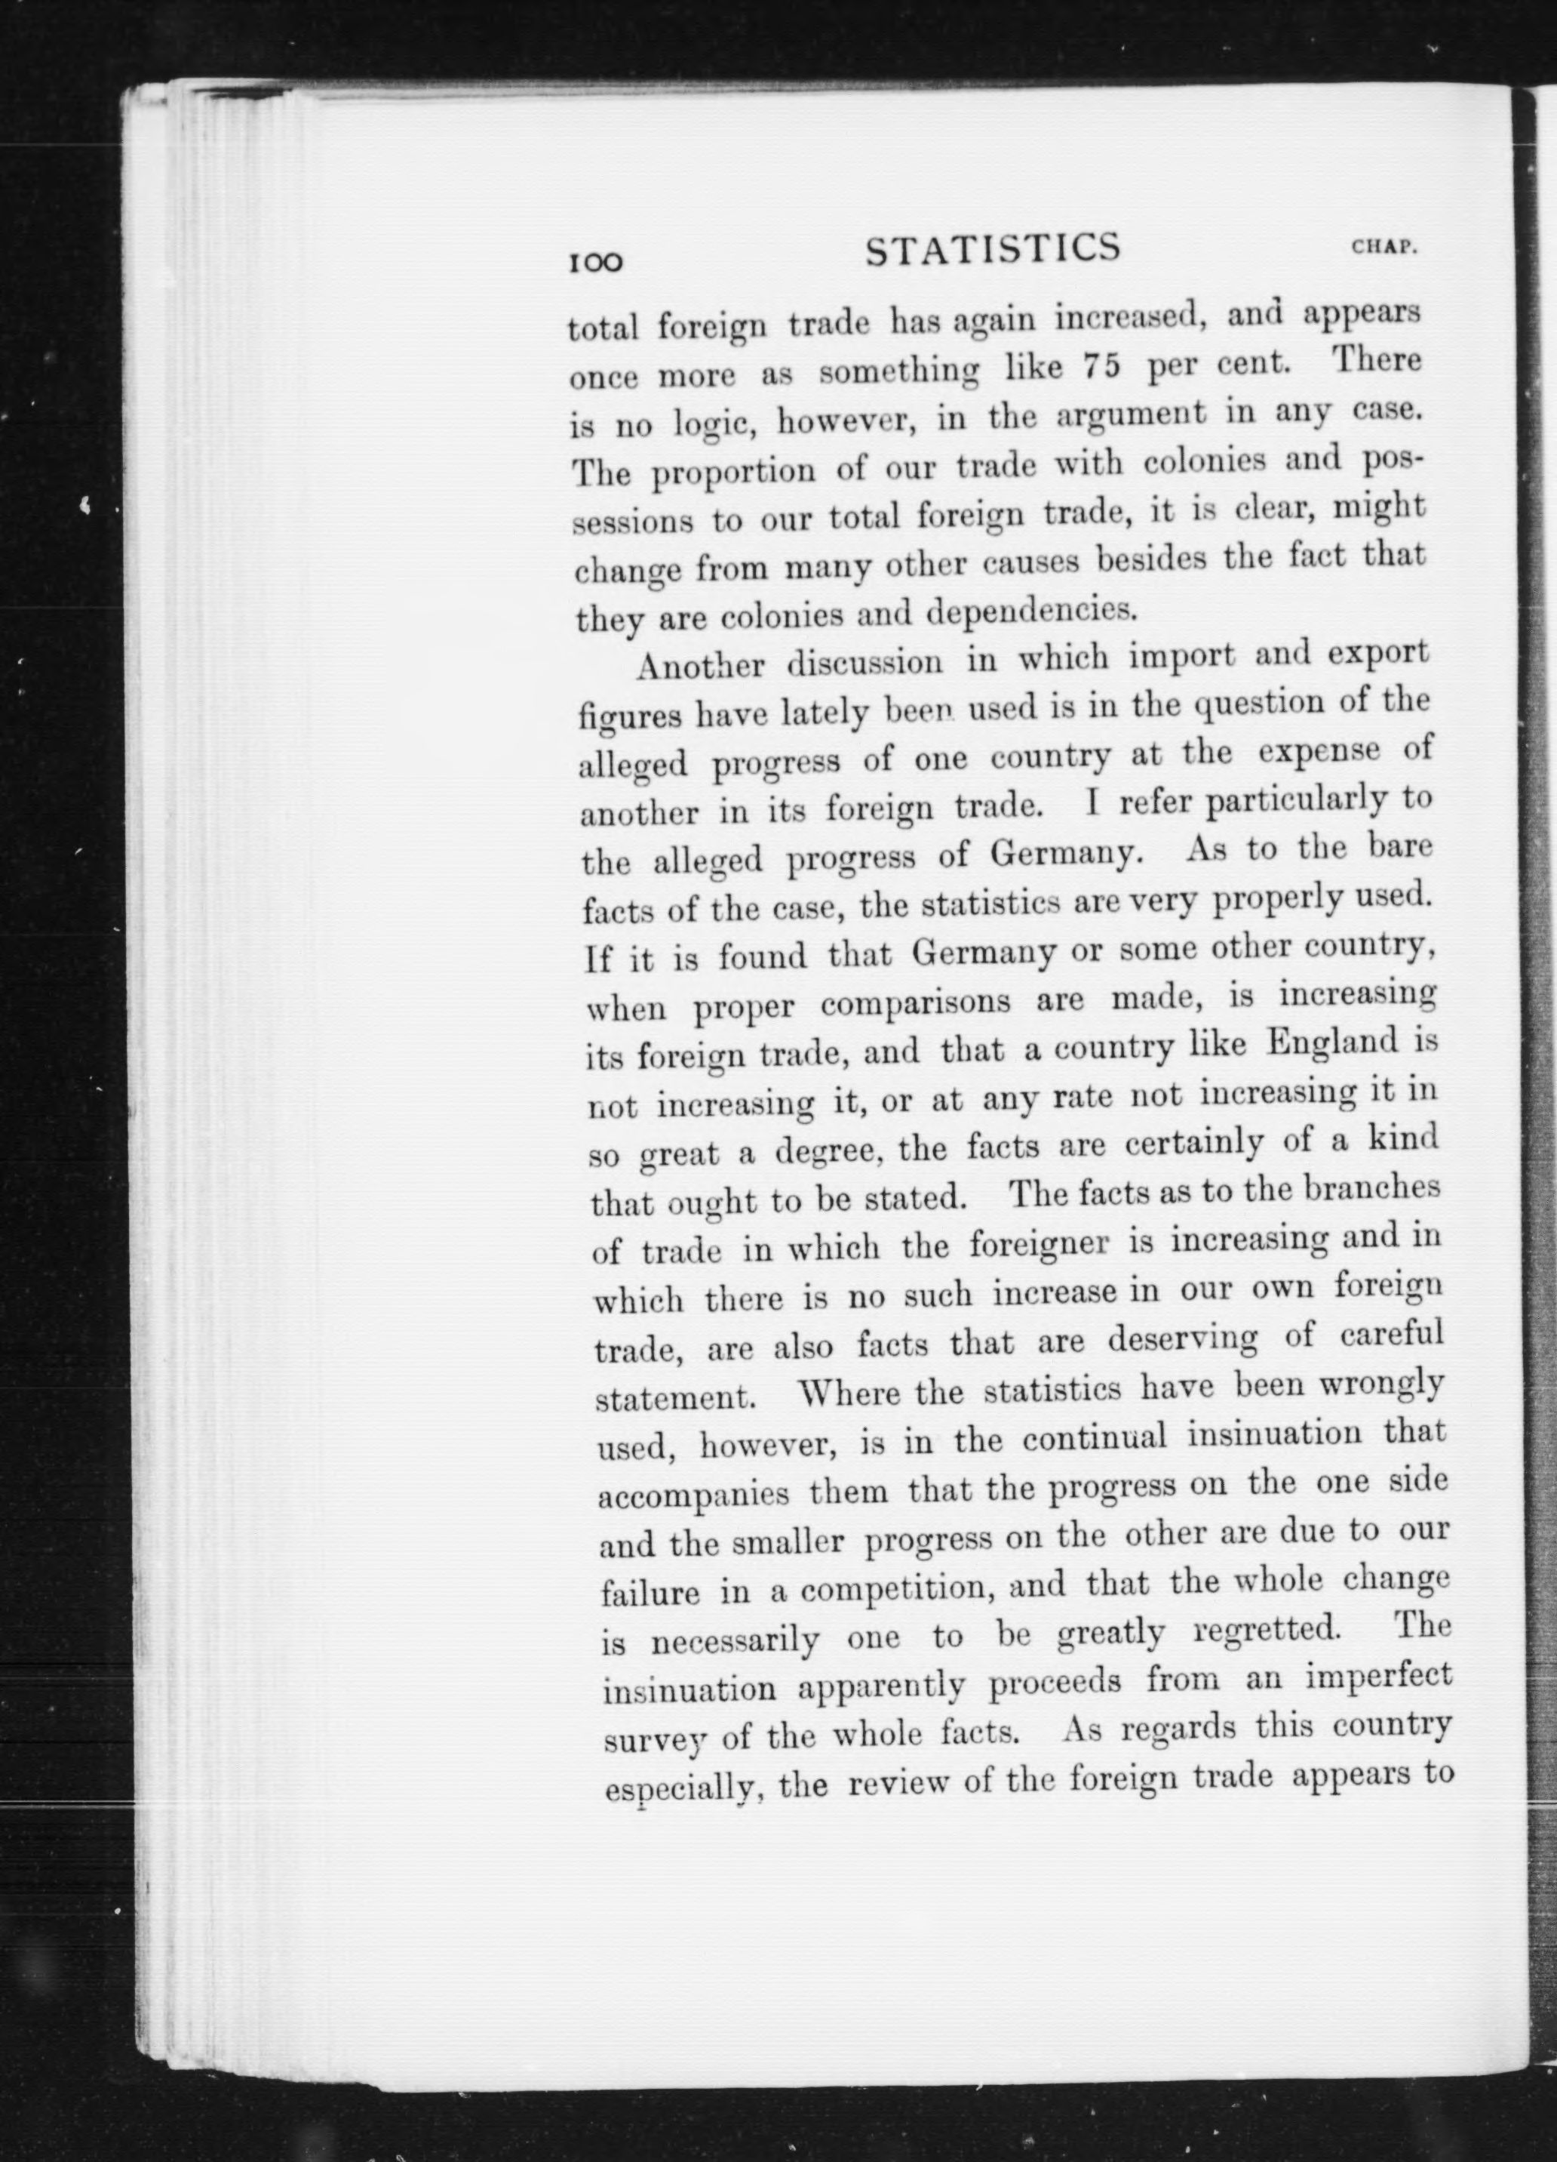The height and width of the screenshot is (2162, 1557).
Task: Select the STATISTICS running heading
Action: pyautogui.click(x=993, y=249)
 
